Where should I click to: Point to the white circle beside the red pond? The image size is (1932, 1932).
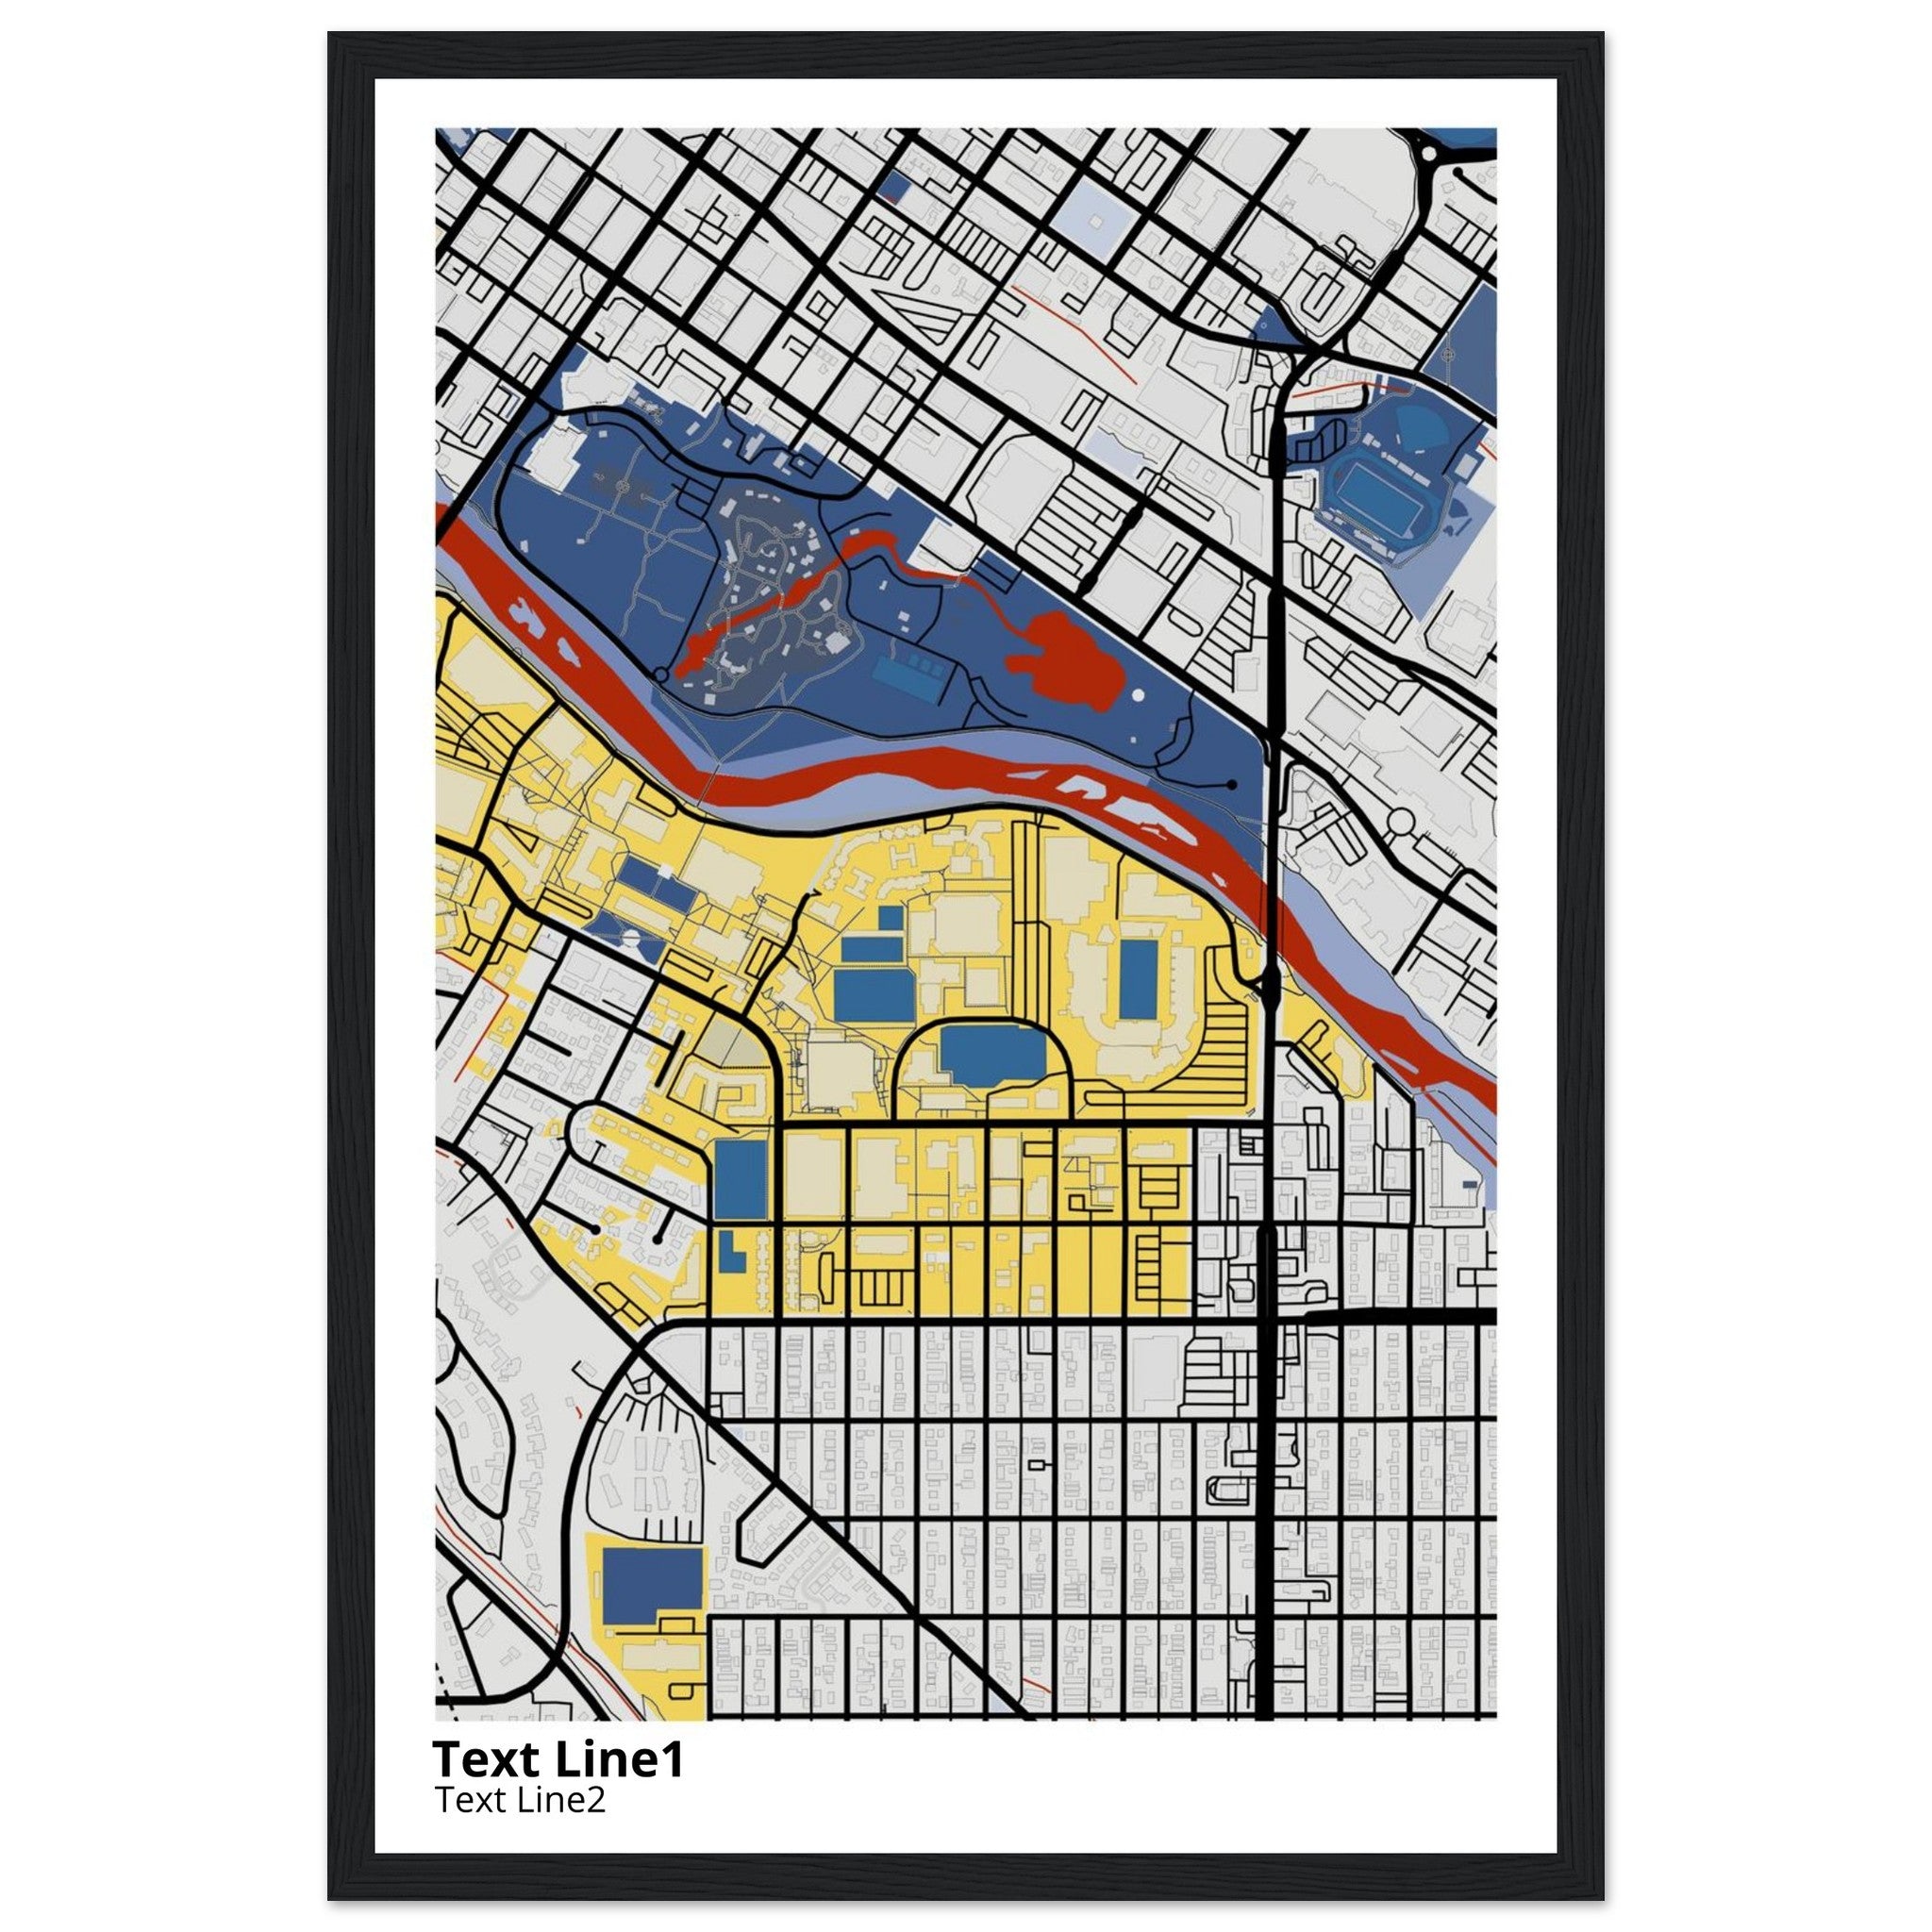coord(1137,695)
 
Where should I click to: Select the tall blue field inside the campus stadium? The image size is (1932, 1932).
coord(1138,977)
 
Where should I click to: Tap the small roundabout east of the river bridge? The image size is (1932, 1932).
coord(1401,823)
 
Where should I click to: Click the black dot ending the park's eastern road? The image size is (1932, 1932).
coord(1232,785)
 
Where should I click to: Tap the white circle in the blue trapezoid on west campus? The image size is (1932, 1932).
coord(632,937)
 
